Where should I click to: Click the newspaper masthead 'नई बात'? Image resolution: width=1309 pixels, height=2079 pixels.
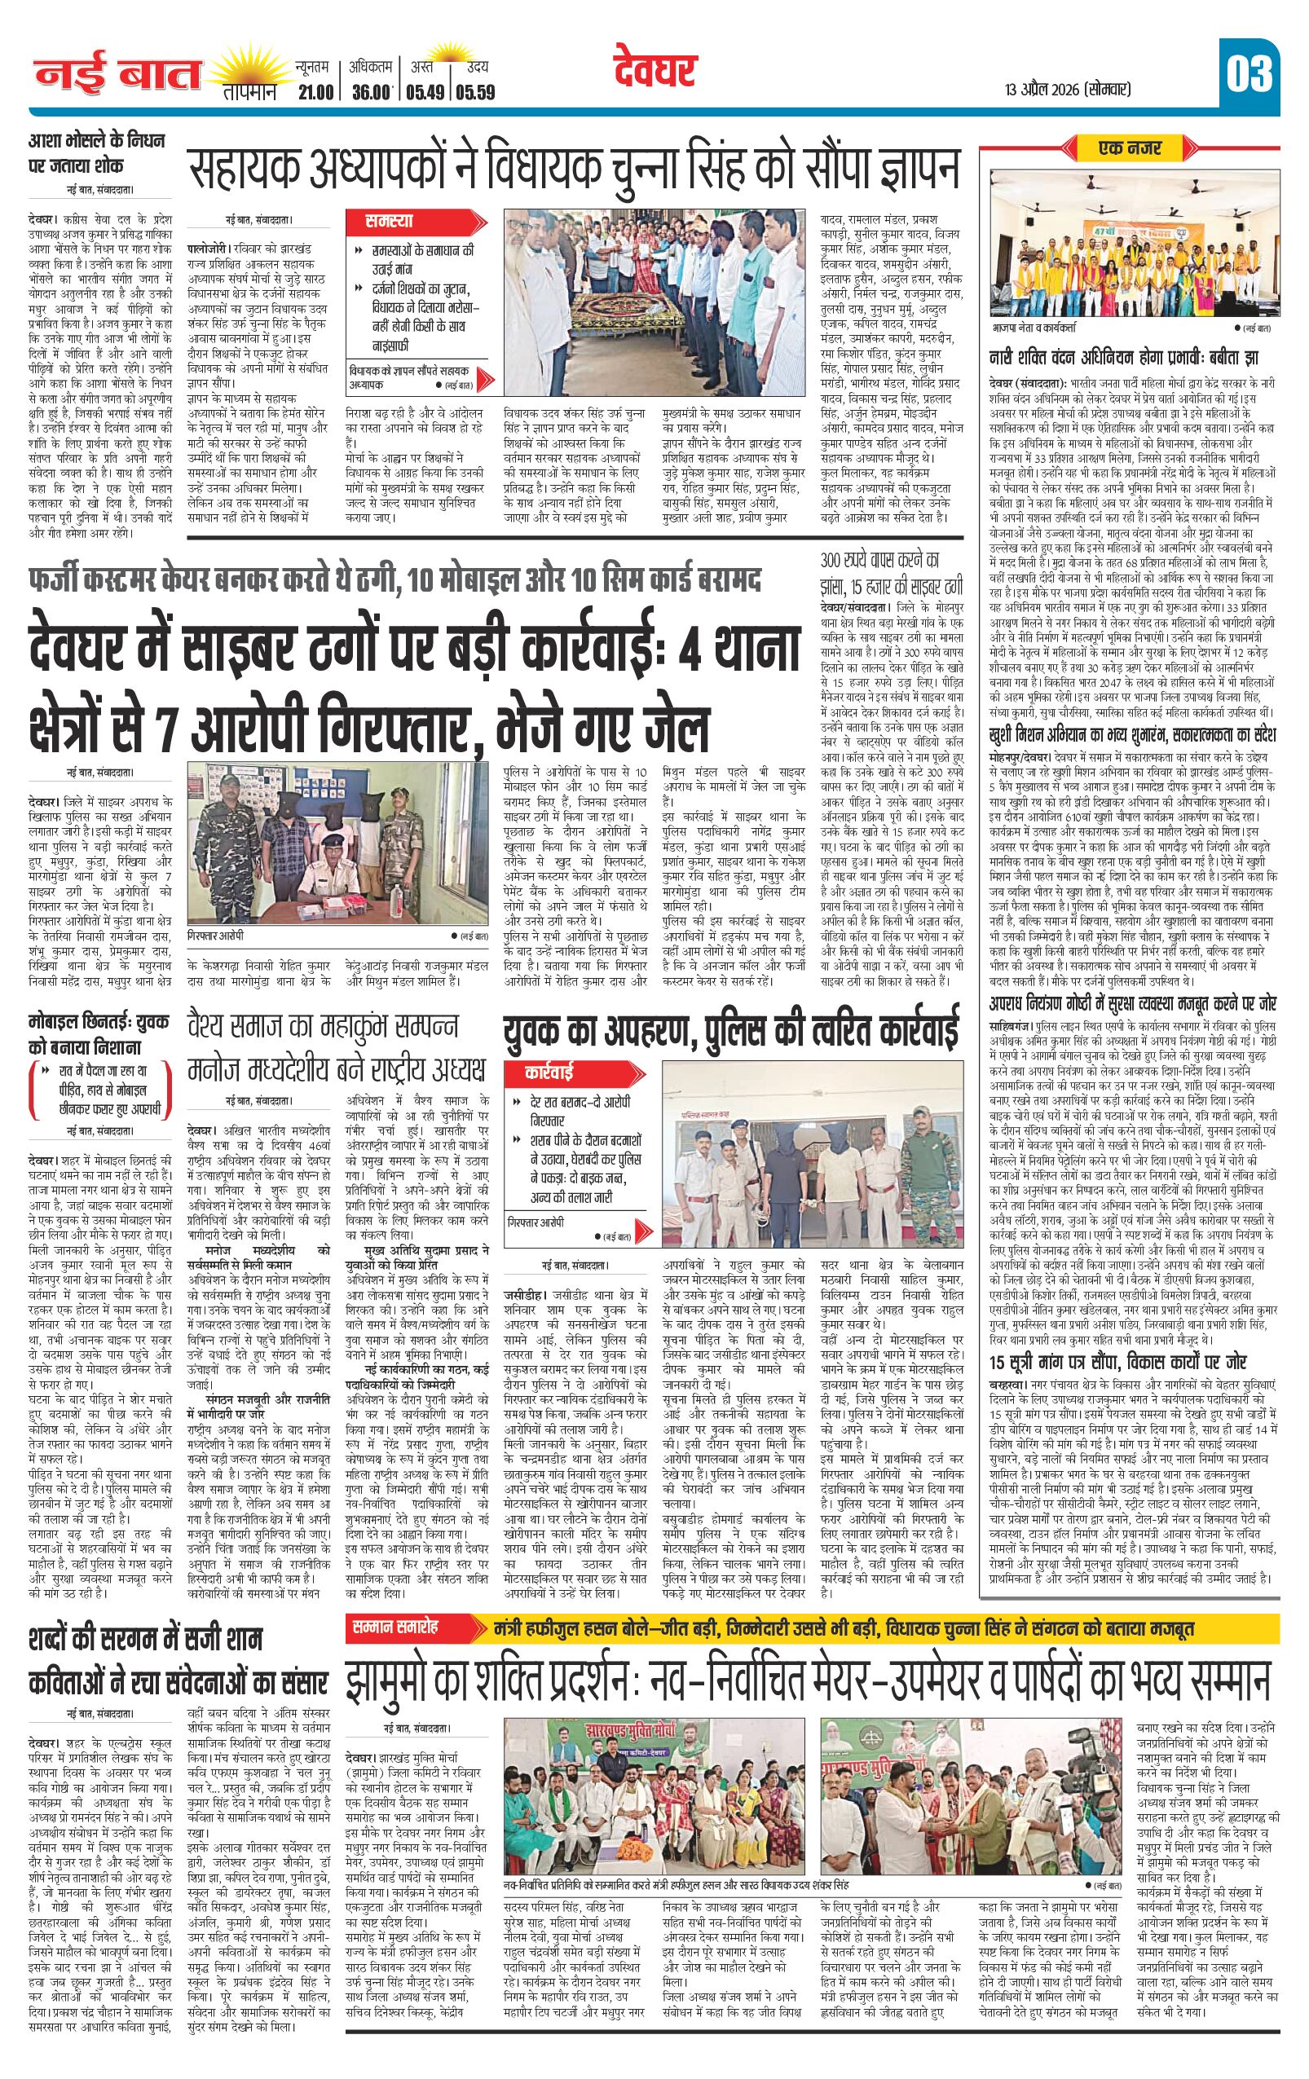click(117, 76)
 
